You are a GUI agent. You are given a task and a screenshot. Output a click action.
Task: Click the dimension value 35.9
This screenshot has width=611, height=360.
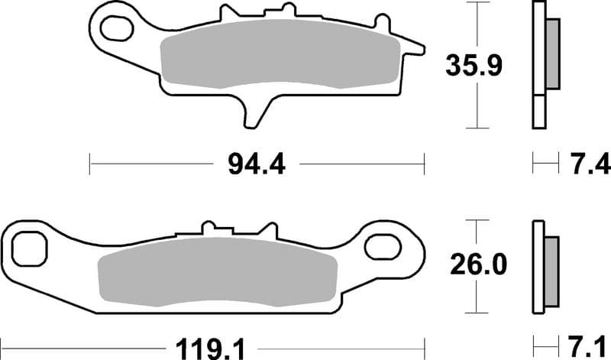[x=474, y=66]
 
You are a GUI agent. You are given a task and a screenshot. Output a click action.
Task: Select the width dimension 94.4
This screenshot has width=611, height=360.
[x=255, y=163]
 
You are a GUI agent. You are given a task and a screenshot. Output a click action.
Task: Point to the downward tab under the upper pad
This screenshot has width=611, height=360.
[x=255, y=111]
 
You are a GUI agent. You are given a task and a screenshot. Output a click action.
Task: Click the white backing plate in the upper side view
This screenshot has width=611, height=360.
[x=540, y=65]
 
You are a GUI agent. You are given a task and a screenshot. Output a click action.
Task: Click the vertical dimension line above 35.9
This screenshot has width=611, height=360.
[x=478, y=27]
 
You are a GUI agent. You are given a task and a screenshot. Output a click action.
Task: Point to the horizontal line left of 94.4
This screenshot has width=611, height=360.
[x=153, y=163]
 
